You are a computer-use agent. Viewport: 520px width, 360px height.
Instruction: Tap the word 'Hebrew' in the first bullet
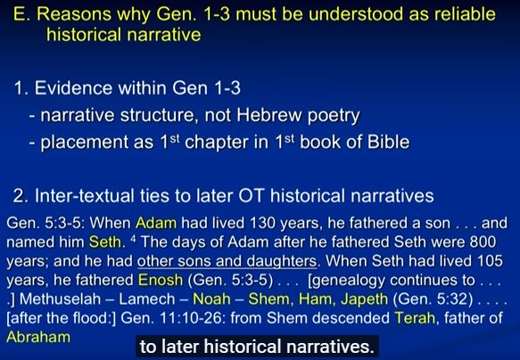269,115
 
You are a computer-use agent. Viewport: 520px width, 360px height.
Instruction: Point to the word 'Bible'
388,142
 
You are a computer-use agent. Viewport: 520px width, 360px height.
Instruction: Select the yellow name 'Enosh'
161,280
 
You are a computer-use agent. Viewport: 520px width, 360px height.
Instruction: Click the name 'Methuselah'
60,299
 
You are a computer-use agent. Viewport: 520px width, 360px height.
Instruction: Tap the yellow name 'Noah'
211,299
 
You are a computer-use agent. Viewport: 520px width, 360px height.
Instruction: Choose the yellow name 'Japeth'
364,300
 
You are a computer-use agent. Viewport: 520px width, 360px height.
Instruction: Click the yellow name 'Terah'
415,318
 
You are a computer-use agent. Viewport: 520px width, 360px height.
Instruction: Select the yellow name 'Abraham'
38,337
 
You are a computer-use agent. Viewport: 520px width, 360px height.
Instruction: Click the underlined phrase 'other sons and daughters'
227,261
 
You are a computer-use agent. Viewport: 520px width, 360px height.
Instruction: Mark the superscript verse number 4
133,239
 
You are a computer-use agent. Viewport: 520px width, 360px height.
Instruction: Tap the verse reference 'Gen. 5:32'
433,299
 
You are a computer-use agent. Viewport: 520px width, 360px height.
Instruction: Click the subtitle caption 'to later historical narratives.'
257,347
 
